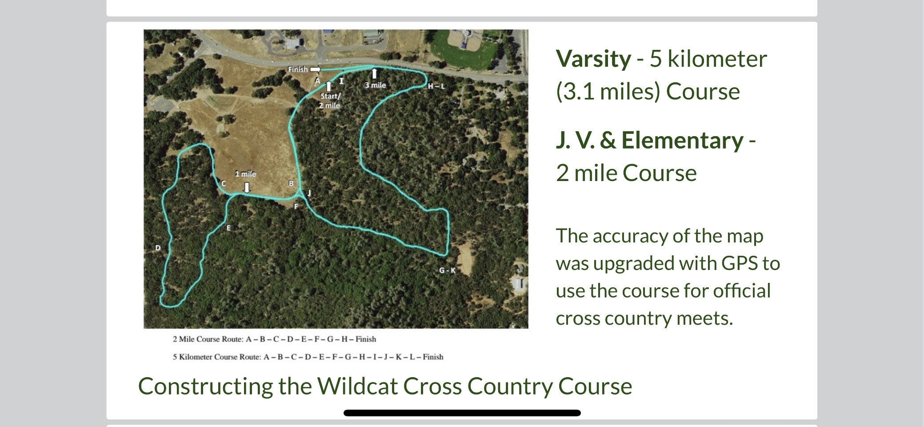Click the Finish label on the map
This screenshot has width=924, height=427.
coord(297,69)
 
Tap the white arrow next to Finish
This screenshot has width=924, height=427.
coord(315,69)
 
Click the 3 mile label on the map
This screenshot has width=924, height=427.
coord(375,85)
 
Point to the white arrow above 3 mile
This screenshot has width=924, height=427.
coord(375,73)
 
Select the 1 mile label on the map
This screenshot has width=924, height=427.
coord(245,173)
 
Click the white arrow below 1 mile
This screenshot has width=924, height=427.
coord(247,187)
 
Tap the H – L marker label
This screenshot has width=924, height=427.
coord(436,86)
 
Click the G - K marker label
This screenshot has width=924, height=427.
coord(447,270)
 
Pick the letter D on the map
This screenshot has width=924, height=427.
coord(158,248)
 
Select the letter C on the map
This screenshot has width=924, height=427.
coord(224,183)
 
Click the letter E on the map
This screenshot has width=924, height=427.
coord(228,228)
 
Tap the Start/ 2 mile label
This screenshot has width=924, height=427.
coord(330,101)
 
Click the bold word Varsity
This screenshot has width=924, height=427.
coord(593,59)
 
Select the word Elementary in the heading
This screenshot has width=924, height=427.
coord(682,141)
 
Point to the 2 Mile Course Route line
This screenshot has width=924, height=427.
coord(274,339)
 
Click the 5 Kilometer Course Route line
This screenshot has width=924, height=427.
coord(308,357)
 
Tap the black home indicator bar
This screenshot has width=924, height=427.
coord(462,413)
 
